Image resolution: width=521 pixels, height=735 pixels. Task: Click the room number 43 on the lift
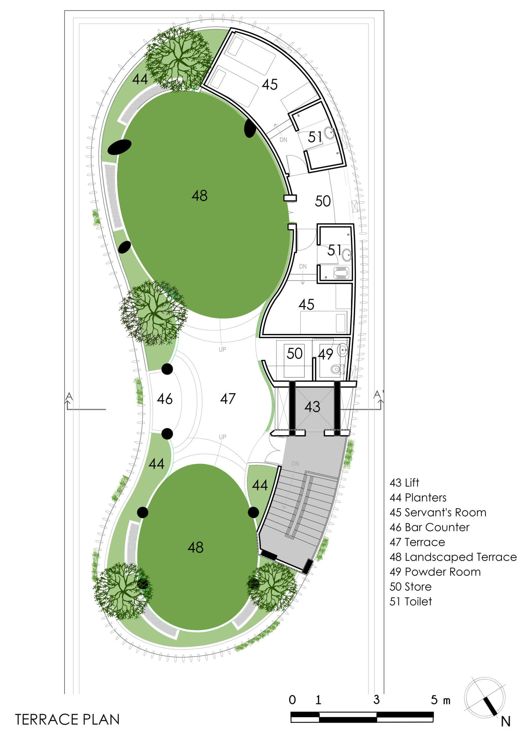pyautogui.click(x=312, y=407)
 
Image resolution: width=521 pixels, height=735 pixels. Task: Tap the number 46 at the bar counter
pyautogui.click(x=164, y=399)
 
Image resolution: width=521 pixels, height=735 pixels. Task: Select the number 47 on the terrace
pyautogui.click(x=228, y=398)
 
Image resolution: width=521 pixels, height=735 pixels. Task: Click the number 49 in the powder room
pyautogui.click(x=325, y=354)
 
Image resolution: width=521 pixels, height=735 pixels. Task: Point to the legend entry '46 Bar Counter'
pyautogui.click(x=429, y=527)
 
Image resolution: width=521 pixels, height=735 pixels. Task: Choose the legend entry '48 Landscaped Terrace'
pyautogui.click(x=453, y=557)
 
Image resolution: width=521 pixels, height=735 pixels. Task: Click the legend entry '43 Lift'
pyautogui.click(x=404, y=483)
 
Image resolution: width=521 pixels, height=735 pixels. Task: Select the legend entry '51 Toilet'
pyautogui.click(x=411, y=601)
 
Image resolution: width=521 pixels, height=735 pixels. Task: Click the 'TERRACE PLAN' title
pyautogui.click(x=67, y=719)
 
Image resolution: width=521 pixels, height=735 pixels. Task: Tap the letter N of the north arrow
pyautogui.click(x=505, y=722)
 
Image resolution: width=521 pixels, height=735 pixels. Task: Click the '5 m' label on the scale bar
pyautogui.click(x=441, y=700)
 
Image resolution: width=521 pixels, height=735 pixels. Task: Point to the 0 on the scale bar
pyautogui.click(x=292, y=700)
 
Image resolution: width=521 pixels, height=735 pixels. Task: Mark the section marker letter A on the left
pyautogui.click(x=69, y=396)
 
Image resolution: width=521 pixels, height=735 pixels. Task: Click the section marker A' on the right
pyautogui.click(x=378, y=395)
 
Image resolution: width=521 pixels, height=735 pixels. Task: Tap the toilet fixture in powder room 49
pyautogui.click(x=337, y=369)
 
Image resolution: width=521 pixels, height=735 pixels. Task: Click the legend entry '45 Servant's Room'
pyautogui.click(x=438, y=512)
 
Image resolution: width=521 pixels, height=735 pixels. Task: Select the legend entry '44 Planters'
pyautogui.click(x=418, y=497)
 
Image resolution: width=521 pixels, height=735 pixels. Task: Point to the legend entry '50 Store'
pyautogui.click(x=411, y=586)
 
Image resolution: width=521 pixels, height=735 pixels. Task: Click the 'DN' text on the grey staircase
pyautogui.click(x=295, y=464)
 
